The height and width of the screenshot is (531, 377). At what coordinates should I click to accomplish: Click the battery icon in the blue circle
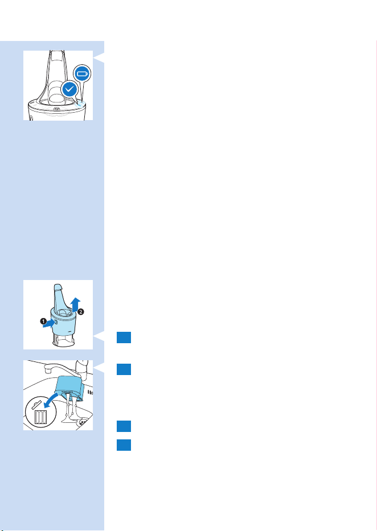(x=83, y=73)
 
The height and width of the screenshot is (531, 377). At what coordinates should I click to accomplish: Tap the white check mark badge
(x=70, y=89)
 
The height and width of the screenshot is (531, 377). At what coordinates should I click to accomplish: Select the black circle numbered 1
(x=43, y=321)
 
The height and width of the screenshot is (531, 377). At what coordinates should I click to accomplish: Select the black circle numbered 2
(x=81, y=312)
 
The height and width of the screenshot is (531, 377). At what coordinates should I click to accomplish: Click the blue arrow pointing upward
(x=76, y=306)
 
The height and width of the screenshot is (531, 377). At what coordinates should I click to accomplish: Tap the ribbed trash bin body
(x=40, y=417)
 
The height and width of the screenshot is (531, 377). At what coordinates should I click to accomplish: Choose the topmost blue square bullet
(x=124, y=337)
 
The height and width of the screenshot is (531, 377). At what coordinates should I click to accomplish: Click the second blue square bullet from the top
(x=124, y=369)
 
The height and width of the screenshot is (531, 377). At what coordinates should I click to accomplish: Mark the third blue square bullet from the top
(x=124, y=426)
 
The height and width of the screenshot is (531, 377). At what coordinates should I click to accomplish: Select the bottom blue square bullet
(x=124, y=445)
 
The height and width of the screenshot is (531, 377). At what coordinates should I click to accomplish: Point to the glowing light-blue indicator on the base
(x=79, y=103)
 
